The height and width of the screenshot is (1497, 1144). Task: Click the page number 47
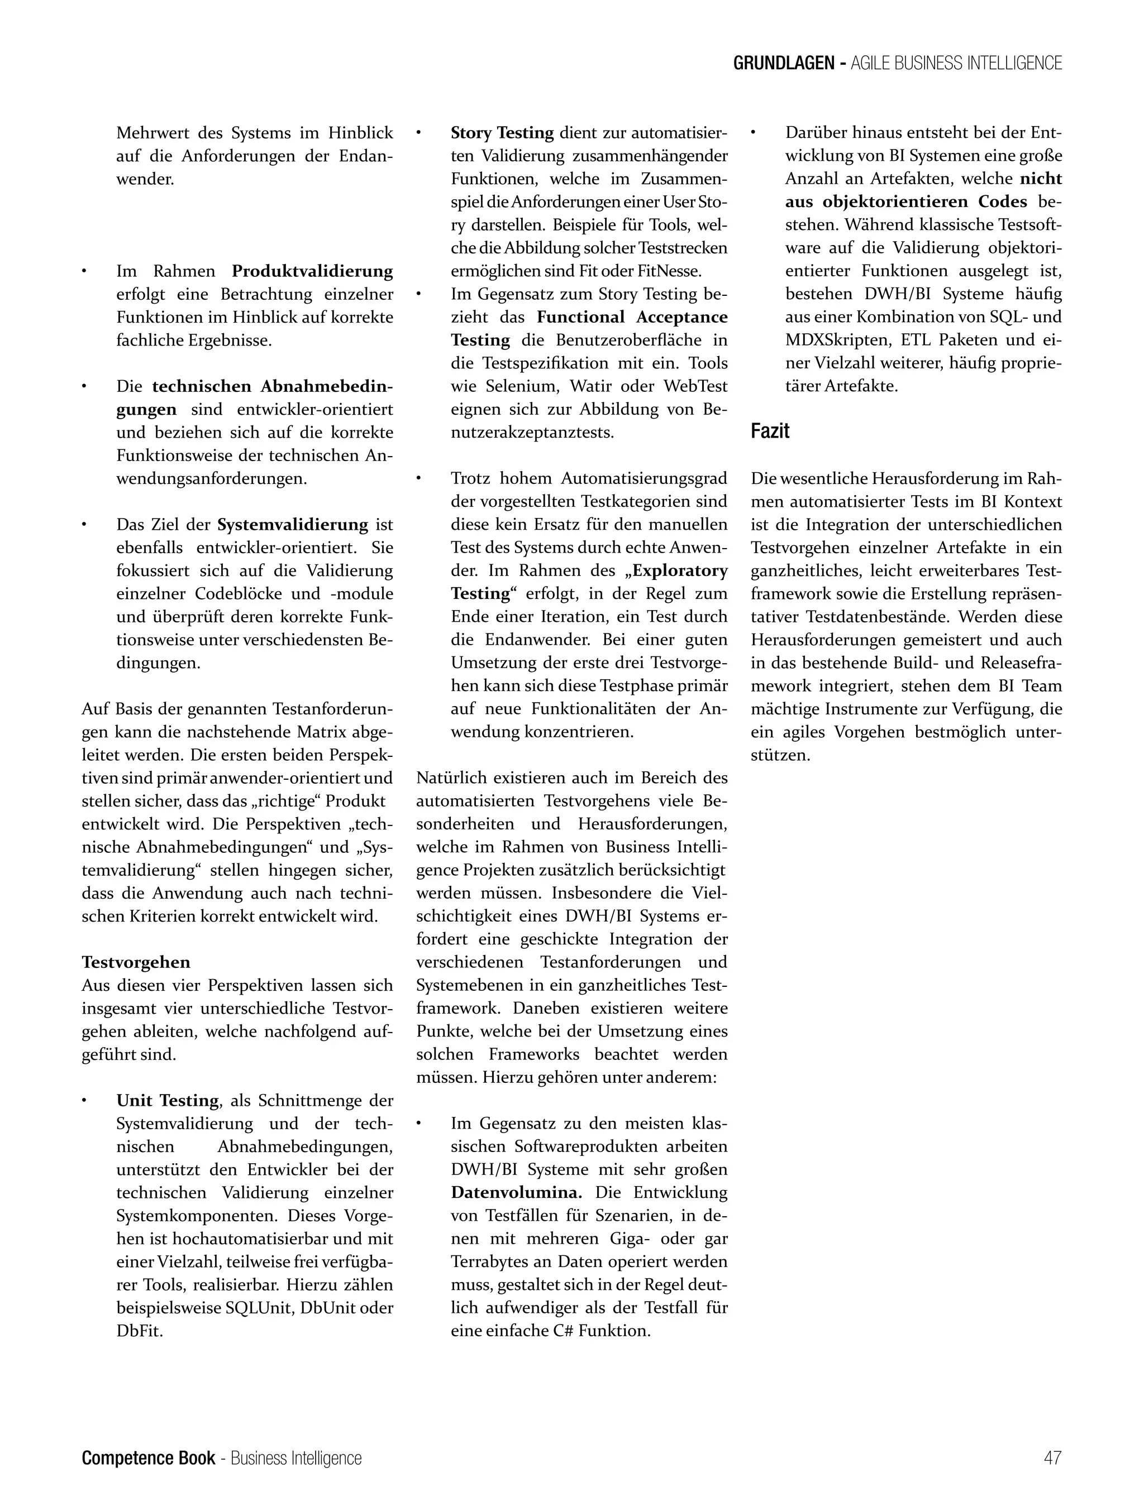tap(1052, 1457)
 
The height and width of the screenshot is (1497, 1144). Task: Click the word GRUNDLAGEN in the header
tap(784, 63)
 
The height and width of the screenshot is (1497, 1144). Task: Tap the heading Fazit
tap(770, 431)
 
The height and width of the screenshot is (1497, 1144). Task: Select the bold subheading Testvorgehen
tap(136, 962)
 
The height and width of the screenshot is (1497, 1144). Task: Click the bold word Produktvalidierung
tap(313, 271)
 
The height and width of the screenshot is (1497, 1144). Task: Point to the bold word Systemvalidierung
tap(293, 525)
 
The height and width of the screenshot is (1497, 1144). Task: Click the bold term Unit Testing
tap(168, 1100)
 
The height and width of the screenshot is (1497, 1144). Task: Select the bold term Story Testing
tap(502, 133)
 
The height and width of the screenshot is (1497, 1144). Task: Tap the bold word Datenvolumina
tap(516, 1192)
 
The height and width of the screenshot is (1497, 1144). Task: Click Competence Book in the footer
tap(149, 1457)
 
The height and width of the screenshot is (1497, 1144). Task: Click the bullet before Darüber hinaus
tap(754, 133)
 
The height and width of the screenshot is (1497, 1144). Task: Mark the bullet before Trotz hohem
tap(420, 478)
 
